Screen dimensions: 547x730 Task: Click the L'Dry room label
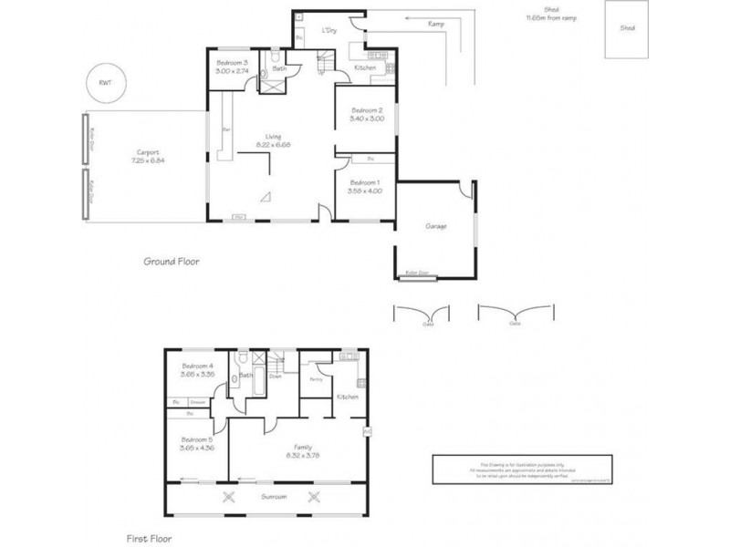pos(329,31)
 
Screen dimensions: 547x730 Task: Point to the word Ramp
pos(434,24)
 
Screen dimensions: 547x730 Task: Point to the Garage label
pos(435,225)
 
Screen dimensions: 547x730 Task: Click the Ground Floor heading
pos(171,262)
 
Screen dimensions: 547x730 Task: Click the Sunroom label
pos(272,497)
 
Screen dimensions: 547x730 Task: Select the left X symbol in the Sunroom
pos(228,497)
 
